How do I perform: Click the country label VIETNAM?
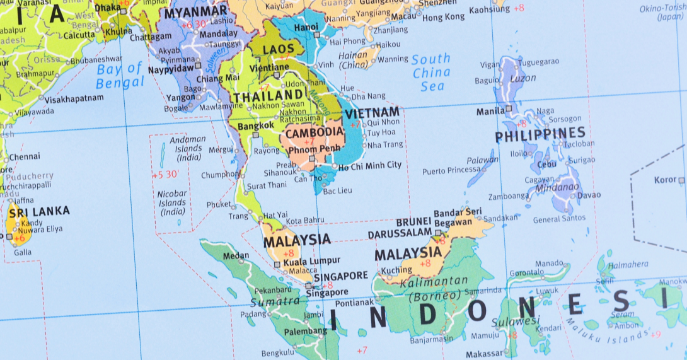tap(372, 113)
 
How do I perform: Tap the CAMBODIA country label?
tap(314, 133)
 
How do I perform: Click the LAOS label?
tap(279, 49)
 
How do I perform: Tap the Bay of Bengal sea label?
tap(120, 76)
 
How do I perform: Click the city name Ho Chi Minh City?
tap(369, 166)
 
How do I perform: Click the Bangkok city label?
tap(256, 125)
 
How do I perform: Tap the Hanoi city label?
tap(306, 28)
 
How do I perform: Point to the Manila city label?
tap(490, 112)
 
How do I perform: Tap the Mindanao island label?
tap(557, 188)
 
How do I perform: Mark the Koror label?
tap(665, 180)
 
